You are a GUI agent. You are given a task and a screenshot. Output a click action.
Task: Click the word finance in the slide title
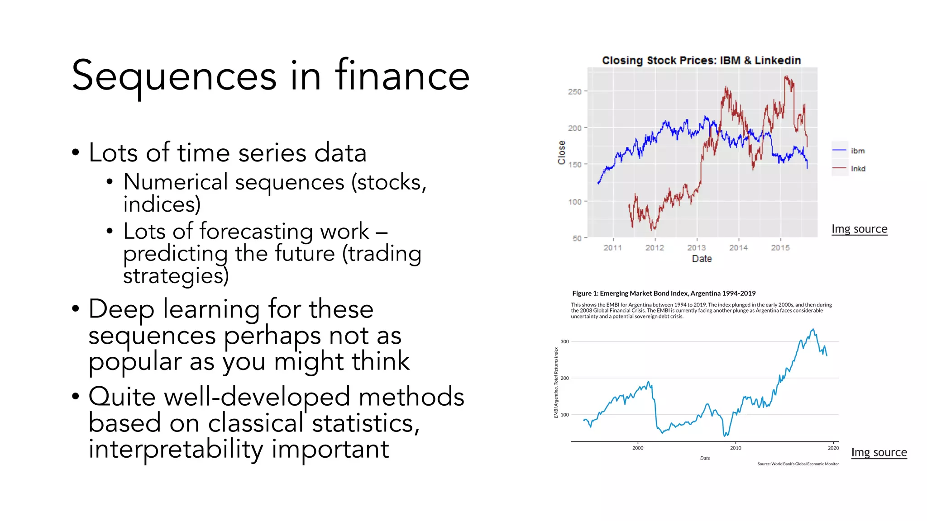click(x=402, y=76)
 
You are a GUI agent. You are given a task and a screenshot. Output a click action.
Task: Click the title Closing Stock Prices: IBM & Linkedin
click(x=701, y=61)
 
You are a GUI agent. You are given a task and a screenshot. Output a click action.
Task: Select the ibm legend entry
click(x=857, y=151)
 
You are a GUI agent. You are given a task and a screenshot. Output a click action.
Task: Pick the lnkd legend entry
click(x=858, y=169)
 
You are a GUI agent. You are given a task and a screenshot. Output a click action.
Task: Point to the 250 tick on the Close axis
click(x=575, y=92)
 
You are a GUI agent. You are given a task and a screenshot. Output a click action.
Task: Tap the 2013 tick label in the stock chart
click(x=696, y=247)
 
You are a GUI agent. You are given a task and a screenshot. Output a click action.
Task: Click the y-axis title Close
click(x=562, y=152)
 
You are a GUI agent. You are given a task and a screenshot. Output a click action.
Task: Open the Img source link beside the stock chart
click(x=859, y=229)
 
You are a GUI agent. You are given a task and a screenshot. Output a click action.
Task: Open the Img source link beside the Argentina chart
click(x=879, y=452)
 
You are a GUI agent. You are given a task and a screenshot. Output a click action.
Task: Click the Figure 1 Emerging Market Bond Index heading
click(x=664, y=293)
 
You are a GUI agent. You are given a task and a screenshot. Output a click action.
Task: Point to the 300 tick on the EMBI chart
click(x=564, y=341)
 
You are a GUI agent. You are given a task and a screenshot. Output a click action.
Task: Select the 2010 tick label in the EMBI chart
click(x=735, y=448)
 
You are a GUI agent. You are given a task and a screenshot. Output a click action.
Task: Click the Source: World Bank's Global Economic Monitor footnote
click(x=798, y=464)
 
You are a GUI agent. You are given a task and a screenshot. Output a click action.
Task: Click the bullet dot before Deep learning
click(x=76, y=309)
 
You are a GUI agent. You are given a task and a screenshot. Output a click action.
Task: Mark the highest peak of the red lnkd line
click(x=786, y=76)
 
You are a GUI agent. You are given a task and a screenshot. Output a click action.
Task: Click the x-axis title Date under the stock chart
click(x=702, y=259)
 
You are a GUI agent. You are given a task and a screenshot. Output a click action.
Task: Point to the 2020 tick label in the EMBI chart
click(x=833, y=448)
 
